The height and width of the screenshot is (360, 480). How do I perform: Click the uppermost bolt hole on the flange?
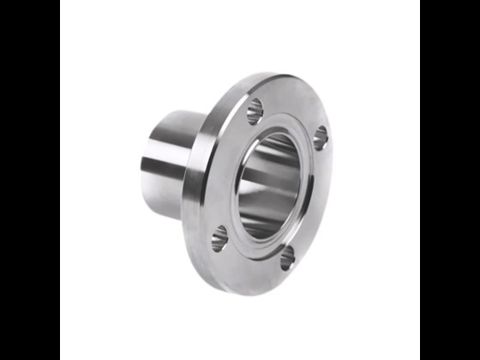coord(255,109)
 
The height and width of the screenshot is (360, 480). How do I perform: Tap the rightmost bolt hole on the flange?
coord(319,138)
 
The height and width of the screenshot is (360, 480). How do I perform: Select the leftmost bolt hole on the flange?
coord(219,237)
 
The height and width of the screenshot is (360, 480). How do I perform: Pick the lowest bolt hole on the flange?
coord(287,256)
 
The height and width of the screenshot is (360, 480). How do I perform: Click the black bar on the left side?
coord(29,180)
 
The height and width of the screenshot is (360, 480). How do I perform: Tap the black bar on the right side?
coord(449,180)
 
